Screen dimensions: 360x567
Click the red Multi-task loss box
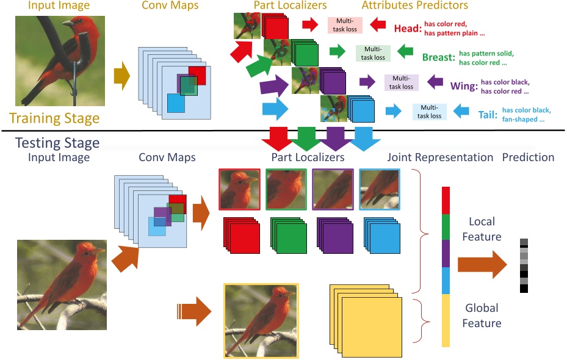tap(345, 25)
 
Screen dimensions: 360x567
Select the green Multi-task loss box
tap(374, 53)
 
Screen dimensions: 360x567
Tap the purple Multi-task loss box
tap(401, 82)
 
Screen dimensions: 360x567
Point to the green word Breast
tap(438, 57)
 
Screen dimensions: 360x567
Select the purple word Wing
tap(463, 86)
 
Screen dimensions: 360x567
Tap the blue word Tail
tap(486, 114)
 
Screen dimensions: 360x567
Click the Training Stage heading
tap(54, 117)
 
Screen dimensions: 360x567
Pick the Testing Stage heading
tap(57, 143)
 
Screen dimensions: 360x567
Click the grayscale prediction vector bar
tap(524, 265)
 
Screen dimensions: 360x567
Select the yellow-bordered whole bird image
tap(261, 320)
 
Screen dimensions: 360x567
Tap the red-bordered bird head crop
tap(239, 190)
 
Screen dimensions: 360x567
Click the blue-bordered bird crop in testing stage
tap(380, 190)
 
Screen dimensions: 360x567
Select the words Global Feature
tap(482, 315)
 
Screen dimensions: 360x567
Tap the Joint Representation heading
tap(440, 157)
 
